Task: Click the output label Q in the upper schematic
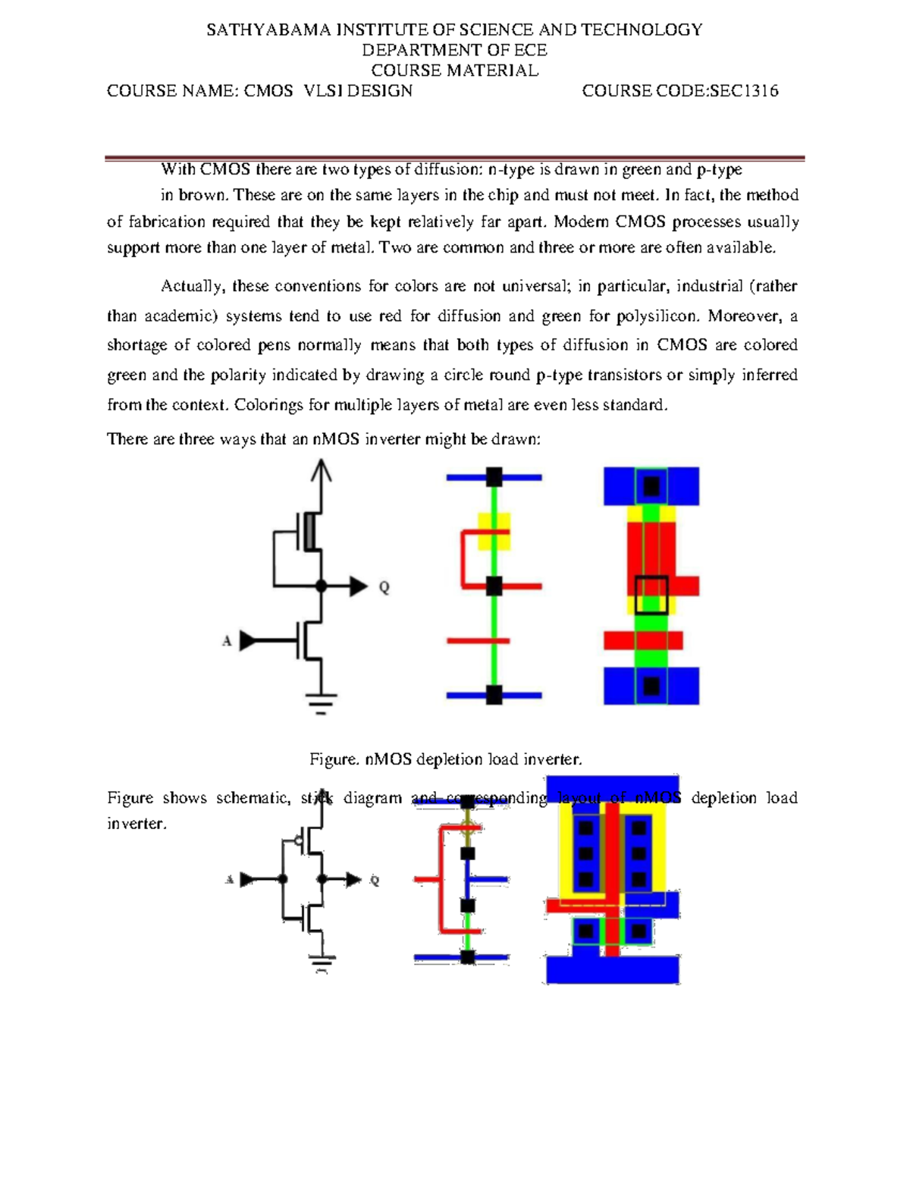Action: pyautogui.click(x=384, y=587)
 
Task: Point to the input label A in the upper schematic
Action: pyautogui.click(x=227, y=642)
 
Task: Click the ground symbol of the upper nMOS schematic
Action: pyautogui.click(x=322, y=702)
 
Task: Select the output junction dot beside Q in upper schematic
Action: pyautogui.click(x=322, y=586)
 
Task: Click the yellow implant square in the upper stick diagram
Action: pyautogui.click(x=494, y=531)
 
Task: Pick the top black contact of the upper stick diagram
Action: pyautogui.click(x=494, y=477)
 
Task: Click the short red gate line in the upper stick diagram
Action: pyautogui.click(x=478, y=641)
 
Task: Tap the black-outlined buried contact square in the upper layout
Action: pyautogui.click(x=651, y=595)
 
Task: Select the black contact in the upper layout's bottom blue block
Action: pyautogui.click(x=651, y=686)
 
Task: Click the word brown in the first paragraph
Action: pyautogui.click(x=201, y=195)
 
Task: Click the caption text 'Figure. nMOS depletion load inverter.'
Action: pyautogui.click(x=446, y=759)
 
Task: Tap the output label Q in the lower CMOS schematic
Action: pyautogui.click(x=374, y=881)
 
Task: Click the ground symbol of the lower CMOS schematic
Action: pyautogui.click(x=322, y=963)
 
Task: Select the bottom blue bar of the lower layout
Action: pyautogui.click(x=613, y=969)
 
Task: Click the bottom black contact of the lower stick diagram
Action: pyautogui.click(x=468, y=957)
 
